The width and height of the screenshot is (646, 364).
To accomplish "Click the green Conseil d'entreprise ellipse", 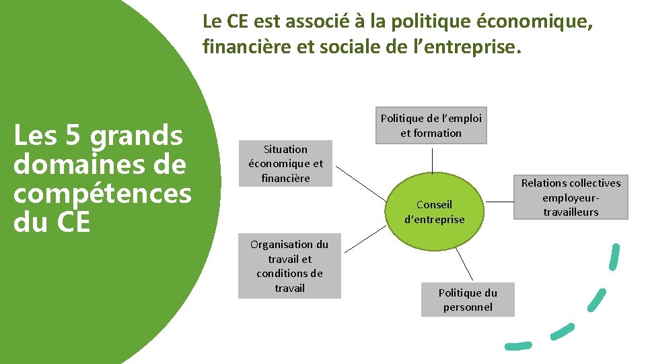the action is pyautogui.click(x=434, y=211).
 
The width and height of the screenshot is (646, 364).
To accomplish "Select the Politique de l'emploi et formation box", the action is pyautogui.click(x=431, y=125).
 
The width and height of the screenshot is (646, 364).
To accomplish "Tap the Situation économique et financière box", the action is pyautogui.click(x=285, y=163).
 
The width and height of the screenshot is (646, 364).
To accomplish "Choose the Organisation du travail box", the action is pyautogui.click(x=289, y=266).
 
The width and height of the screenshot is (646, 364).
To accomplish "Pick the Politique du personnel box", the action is pyautogui.click(x=468, y=300).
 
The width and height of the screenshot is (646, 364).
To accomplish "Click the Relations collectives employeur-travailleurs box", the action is pyautogui.click(x=571, y=198).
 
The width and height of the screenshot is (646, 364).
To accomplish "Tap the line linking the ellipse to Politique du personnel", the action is pyautogui.click(x=464, y=264).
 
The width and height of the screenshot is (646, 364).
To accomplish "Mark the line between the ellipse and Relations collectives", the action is pyautogui.click(x=500, y=201).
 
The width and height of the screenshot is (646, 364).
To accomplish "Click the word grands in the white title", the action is pyautogui.click(x=137, y=137).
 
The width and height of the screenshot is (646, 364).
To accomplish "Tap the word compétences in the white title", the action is pyautogui.click(x=102, y=193).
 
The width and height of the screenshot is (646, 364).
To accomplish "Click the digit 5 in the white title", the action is pyautogui.click(x=73, y=137).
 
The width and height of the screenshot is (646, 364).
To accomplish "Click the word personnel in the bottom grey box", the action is pyautogui.click(x=468, y=307).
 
